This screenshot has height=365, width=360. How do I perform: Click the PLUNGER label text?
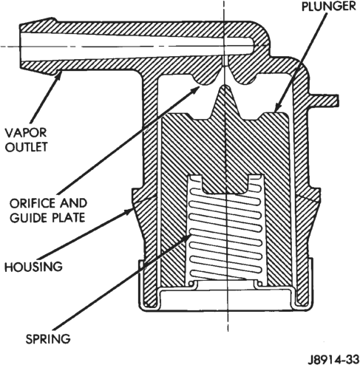tap(329, 7)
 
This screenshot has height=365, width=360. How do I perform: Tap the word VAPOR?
tap(26, 133)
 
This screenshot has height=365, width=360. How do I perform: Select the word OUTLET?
tap(27, 147)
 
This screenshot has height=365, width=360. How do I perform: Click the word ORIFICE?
tap(33, 203)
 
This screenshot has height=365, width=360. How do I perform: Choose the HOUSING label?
tap(34, 267)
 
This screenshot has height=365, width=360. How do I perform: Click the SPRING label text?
tap(48, 339)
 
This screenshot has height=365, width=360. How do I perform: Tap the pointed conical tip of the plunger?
tap(224, 86)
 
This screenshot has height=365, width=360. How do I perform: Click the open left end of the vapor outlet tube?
tap(20, 47)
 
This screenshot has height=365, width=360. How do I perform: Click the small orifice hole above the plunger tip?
tap(224, 61)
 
